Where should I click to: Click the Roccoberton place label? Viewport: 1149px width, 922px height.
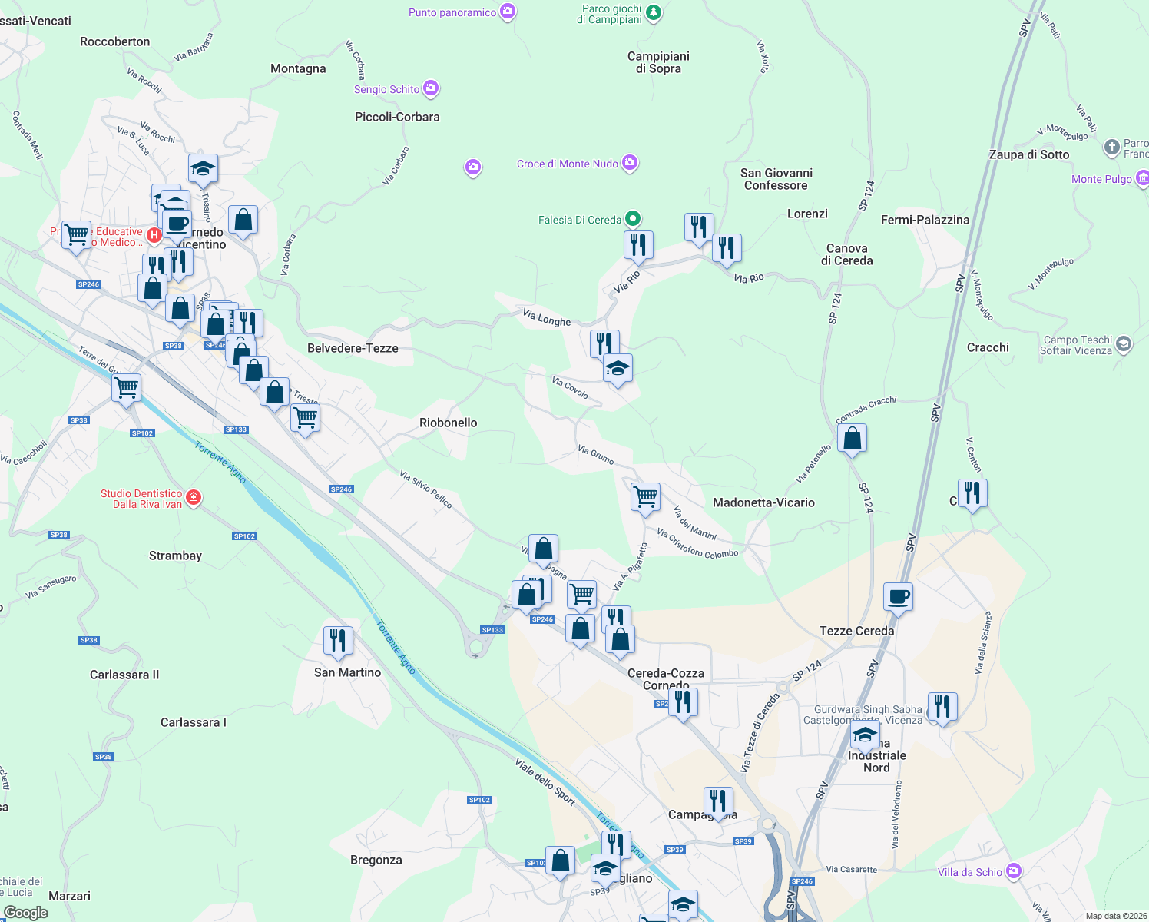pyautogui.click(x=115, y=41)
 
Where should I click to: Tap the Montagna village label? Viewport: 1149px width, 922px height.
pyautogui.click(x=298, y=68)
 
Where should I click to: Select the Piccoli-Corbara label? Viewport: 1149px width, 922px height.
pyautogui.click(x=397, y=117)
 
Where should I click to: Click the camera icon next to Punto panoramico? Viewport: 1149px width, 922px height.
pyautogui.click(x=508, y=12)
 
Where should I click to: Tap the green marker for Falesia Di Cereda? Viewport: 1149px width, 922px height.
pyautogui.click(x=633, y=219)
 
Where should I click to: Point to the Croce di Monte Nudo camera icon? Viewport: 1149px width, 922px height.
pyautogui.click(x=630, y=163)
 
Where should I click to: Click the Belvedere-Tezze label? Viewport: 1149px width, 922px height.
pyautogui.click(x=353, y=348)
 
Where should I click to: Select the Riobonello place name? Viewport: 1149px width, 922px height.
pyautogui.click(x=449, y=423)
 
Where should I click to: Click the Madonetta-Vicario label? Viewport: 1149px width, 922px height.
pyautogui.click(x=763, y=502)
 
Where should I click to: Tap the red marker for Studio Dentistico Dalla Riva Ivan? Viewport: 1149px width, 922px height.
pyautogui.click(x=194, y=498)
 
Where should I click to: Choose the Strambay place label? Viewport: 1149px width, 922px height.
pyautogui.click(x=175, y=556)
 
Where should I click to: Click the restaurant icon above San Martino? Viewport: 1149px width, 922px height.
pyautogui.click(x=338, y=640)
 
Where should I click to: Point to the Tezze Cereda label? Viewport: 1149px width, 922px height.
pyautogui.click(x=856, y=631)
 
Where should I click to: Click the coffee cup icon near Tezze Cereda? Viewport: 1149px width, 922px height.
pyautogui.click(x=898, y=596)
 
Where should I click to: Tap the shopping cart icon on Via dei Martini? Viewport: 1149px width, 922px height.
pyautogui.click(x=645, y=496)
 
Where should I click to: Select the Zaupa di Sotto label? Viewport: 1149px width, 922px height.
pyautogui.click(x=1029, y=154)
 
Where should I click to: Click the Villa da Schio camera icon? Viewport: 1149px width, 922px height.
pyautogui.click(x=1014, y=871)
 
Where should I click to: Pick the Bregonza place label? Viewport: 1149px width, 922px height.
pyautogui.click(x=376, y=860)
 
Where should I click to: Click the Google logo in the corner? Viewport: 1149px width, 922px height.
pyautogui.click(x=25, y=913)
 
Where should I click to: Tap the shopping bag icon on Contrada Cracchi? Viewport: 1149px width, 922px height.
pyautogui.click(x=853, y=439)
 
